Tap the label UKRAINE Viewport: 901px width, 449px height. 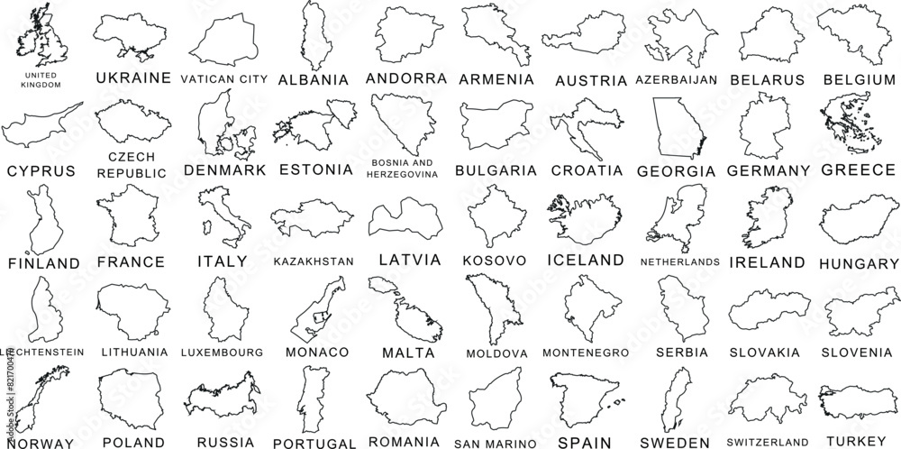(132, 78)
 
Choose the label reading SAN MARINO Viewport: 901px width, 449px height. (501, 443)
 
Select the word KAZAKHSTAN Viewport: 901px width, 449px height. (312, 261)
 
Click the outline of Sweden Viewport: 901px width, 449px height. (676, 397)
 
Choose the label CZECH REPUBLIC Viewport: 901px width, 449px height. (132, 164)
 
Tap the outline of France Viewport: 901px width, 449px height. (130, 216)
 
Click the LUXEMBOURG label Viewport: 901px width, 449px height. (222, 351)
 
